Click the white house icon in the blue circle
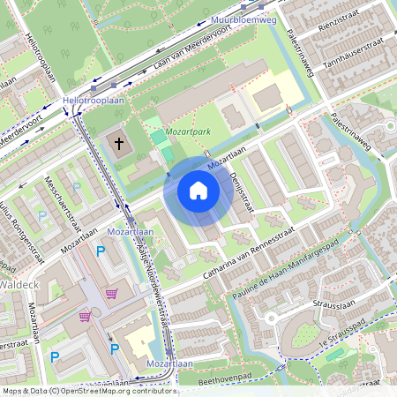tap(198, 190)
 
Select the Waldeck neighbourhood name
tap(16, 285)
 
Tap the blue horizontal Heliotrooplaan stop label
tap(92, 101)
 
